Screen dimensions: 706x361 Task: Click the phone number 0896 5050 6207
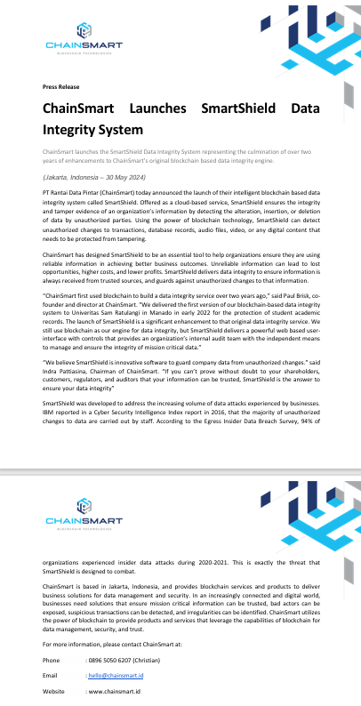[x=118, y=660]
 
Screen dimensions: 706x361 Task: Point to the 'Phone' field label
[x=51, y=660]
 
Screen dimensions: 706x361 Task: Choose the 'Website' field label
[x=53, y=690]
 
